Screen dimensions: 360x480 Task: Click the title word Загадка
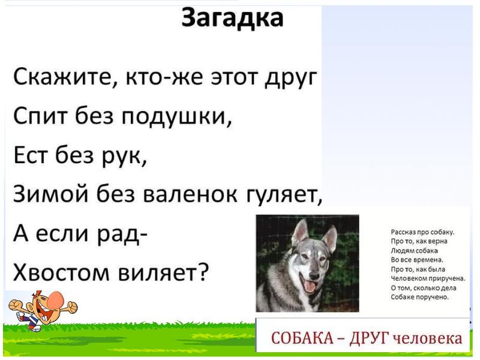point(232,19)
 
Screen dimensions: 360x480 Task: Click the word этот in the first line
point(230,79)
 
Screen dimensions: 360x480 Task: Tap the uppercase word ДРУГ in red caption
point(367,337)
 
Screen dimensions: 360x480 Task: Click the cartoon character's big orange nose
point(57,298)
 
